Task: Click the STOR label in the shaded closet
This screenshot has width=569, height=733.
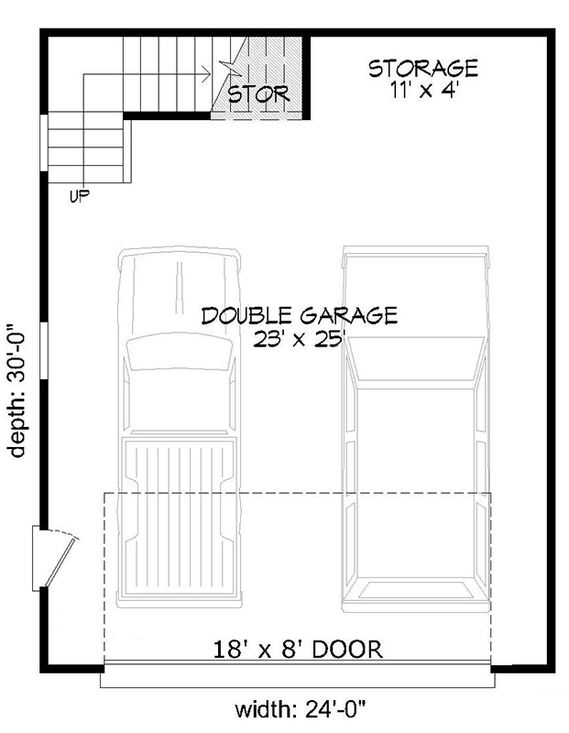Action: coord(258,93)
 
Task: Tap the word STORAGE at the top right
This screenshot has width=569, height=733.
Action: coord(422,68)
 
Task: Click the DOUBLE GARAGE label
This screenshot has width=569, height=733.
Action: coord(299,316)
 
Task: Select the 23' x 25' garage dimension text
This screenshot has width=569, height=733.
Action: coord(300,338)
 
